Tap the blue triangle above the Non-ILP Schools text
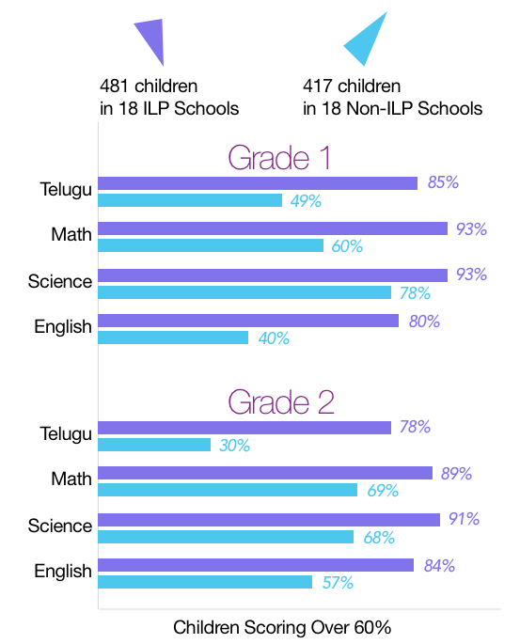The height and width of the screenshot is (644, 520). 368,41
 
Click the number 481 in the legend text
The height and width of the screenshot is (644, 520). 114,86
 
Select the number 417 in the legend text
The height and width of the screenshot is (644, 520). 317,86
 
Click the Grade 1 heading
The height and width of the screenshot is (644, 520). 279,157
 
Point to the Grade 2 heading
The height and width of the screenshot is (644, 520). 281,402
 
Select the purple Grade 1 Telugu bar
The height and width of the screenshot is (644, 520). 258,183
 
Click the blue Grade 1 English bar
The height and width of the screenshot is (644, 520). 173,338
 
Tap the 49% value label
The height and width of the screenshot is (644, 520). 306,201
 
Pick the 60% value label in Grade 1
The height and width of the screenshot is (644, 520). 347,246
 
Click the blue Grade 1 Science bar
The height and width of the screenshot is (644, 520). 244,292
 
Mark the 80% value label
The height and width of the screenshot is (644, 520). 424,322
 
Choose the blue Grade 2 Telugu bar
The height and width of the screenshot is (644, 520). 154,445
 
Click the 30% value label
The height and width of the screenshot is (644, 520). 234,446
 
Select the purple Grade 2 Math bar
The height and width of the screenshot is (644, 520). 265,473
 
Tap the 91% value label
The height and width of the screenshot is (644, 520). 464,518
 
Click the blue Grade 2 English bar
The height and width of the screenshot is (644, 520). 205,582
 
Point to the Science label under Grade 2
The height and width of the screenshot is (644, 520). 60,526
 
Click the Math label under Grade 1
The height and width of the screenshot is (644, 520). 71,234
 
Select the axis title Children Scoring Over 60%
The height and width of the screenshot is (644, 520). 282,628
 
